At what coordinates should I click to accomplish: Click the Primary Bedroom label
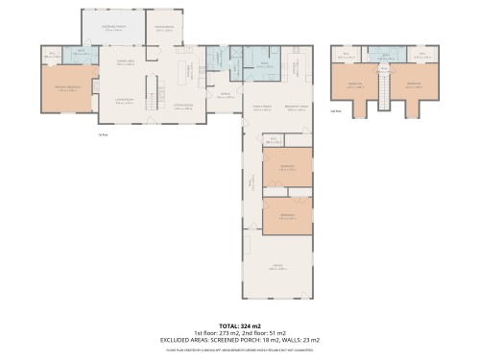(x=67, y=88)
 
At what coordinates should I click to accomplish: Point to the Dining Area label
(x=125, y=63)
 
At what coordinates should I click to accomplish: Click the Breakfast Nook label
(x=297, y=108)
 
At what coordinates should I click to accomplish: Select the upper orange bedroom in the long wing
(x=288, y=169)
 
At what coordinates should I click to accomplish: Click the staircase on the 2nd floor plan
(x=383, y=92)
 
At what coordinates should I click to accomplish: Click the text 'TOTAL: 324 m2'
(x=240, y=326)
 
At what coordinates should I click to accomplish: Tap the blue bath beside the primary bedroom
(x=82, y=56)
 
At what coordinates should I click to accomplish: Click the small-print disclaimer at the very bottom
(x=240, y=350)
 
